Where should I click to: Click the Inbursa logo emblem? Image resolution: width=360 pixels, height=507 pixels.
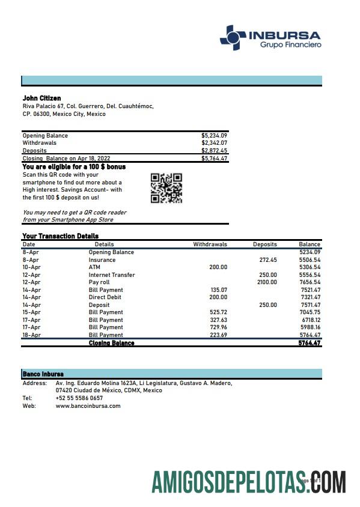click(x=232, y=37)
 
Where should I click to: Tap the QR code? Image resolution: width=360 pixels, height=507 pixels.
click(x=166, y=188)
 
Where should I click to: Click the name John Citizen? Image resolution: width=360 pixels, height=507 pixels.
click(x=41, y=99)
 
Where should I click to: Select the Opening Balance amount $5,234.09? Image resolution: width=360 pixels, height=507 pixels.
click(x=214, y=136)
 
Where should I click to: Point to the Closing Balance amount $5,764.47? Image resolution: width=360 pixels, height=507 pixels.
click(x=214, y=159)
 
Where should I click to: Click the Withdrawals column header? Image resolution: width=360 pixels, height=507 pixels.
click(x=210, y=244)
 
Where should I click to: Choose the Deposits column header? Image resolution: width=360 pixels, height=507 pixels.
click(x=264, y=244)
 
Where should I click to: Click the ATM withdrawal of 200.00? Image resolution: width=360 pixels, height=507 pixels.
click(x=218, y=267)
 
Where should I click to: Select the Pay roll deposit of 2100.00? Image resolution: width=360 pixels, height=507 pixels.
click(x=267, y=282)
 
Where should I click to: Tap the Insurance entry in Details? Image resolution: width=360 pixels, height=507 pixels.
click(x=102, y=260)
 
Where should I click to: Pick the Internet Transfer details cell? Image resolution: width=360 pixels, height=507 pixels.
click(x=112, y=275)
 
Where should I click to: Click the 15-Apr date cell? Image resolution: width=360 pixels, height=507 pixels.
click(x=31, y=312)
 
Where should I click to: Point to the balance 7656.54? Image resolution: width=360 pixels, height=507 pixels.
click(x=310, y=282)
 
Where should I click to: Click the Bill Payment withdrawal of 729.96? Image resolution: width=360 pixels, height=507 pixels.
click(x=219, y=327)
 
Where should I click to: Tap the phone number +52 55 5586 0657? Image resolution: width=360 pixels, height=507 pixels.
click(x=79, y=398)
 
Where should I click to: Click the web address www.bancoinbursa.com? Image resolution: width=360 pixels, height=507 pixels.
click(x=88, y=406)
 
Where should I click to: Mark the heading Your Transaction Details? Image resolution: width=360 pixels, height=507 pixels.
click(x=60, y=236)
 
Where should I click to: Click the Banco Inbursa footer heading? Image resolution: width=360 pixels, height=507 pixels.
click(x=43, y=374)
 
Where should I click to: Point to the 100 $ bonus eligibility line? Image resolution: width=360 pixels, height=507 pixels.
click(x=74, y=166)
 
